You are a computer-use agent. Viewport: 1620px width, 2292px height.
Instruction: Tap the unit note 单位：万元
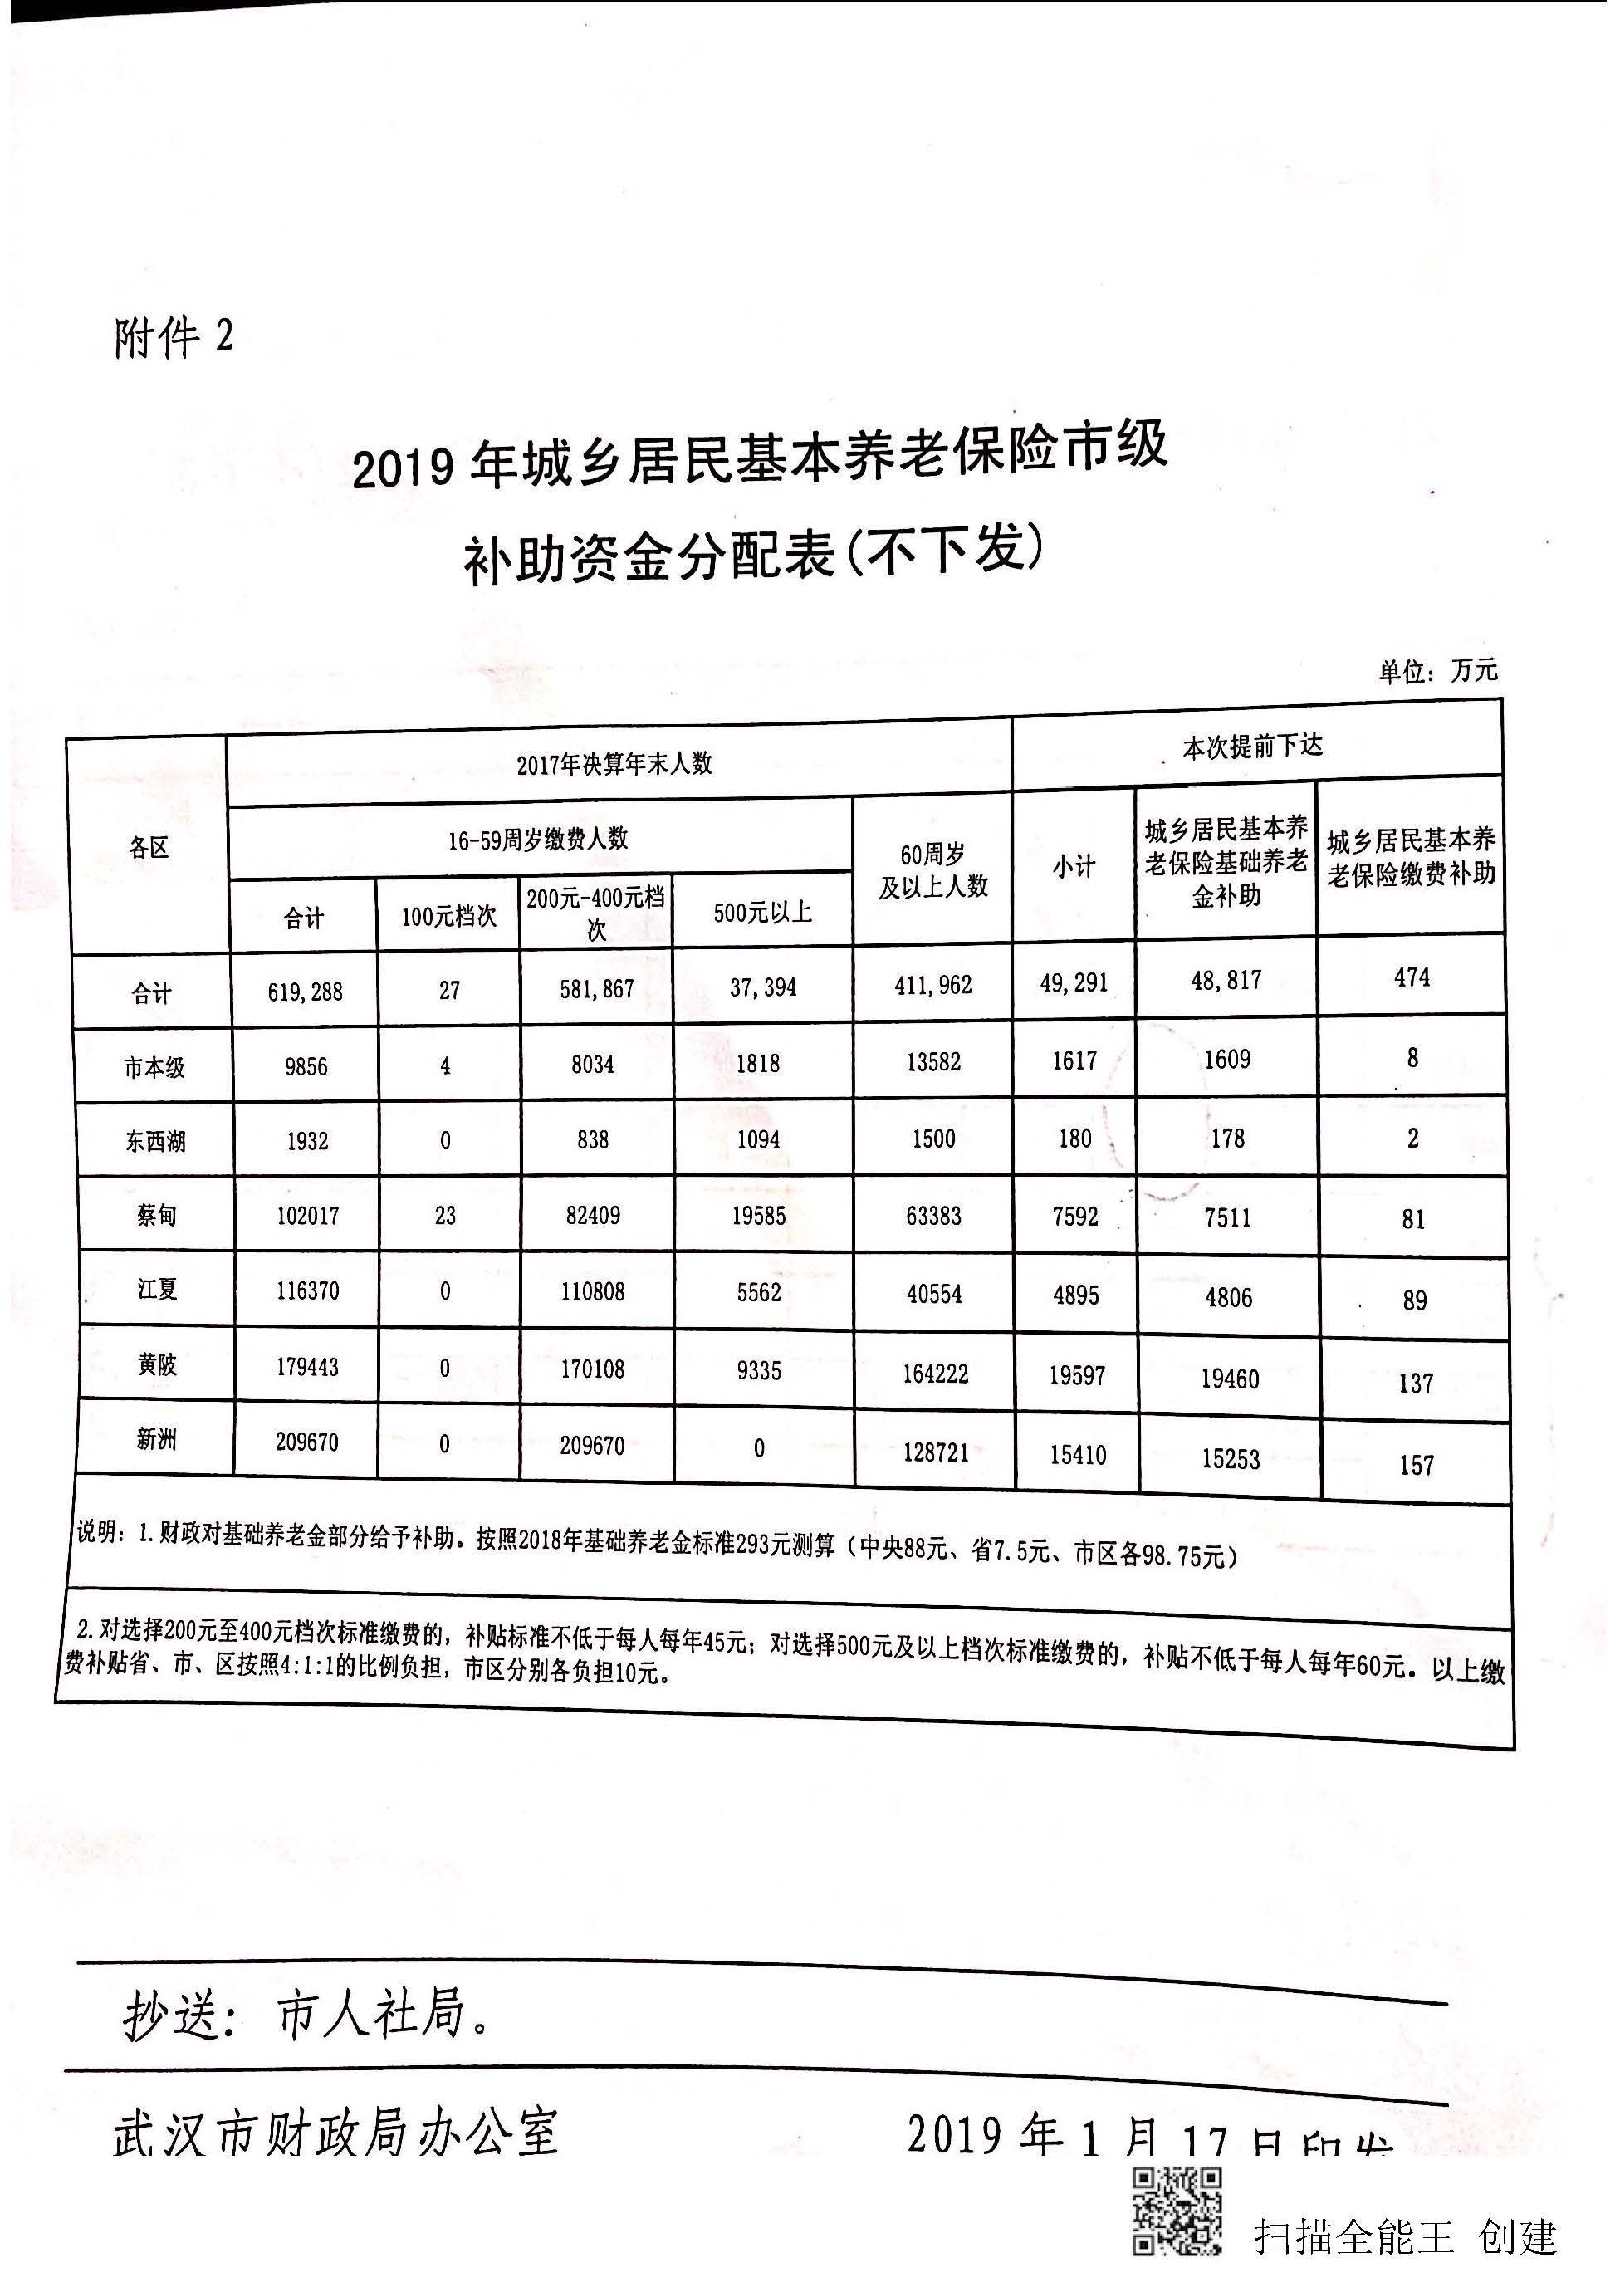1437,671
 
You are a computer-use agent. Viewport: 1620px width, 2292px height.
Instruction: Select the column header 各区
149,849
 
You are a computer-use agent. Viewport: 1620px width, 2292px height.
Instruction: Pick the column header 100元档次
448,915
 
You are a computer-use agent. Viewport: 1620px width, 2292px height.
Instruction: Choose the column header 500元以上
762,912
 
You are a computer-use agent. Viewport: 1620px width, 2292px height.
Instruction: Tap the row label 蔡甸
157,1215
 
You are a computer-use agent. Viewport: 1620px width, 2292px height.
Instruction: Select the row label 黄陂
157,1364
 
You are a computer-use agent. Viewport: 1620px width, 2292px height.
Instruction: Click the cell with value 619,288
305,992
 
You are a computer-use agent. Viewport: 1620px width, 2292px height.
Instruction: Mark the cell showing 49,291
1074,983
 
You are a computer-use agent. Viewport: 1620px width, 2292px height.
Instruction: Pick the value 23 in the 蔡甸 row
445,1215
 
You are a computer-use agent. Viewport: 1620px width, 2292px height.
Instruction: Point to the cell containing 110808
593,1292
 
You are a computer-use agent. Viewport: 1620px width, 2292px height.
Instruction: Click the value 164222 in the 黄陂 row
935,1374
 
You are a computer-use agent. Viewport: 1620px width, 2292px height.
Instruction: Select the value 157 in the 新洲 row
1417,1466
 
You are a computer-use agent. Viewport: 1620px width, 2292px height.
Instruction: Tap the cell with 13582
933,1061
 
